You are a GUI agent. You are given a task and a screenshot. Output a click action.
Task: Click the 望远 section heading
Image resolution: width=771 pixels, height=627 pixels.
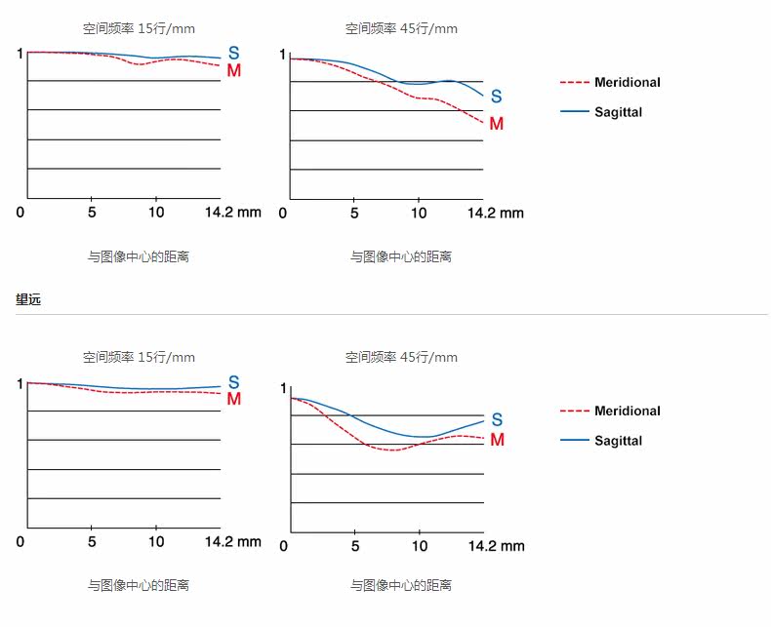point(28,299)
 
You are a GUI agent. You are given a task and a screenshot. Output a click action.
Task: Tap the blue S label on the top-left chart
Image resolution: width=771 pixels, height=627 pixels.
point(234,53)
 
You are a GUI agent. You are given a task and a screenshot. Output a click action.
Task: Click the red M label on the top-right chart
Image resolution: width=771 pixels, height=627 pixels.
point(497,123)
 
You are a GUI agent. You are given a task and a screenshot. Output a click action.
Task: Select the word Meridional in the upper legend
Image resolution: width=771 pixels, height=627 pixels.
point(628,82)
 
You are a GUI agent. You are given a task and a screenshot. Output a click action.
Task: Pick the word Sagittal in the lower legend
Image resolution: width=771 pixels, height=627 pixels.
point(618,441)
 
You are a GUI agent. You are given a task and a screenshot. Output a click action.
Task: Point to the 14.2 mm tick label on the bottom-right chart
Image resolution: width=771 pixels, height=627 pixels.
point(496,546)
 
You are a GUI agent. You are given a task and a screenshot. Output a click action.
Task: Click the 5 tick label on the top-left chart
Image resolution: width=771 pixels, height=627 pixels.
point(92,213)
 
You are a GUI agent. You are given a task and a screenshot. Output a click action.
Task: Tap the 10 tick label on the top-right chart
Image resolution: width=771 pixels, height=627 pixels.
point(419,213)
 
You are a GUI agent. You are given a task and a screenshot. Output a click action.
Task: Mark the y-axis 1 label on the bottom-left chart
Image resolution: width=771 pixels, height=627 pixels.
point(20,384)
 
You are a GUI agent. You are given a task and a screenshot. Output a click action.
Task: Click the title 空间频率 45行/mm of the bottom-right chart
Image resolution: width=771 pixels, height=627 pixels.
point(401,357)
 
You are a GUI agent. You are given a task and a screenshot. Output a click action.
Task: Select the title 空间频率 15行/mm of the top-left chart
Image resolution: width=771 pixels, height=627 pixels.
point(139,28)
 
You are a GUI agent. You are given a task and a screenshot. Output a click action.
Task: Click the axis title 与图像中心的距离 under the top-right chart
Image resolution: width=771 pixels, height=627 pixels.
point(401,256)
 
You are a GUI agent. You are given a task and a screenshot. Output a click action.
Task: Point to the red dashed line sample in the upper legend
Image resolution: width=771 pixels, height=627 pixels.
point(574,83)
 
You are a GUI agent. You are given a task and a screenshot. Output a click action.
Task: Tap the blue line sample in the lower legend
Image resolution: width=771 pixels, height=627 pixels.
point(574,441)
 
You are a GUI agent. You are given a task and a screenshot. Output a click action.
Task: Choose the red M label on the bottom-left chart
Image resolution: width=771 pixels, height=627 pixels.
point(234,399)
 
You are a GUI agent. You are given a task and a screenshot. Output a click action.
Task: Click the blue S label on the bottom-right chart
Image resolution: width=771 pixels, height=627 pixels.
point(497,419)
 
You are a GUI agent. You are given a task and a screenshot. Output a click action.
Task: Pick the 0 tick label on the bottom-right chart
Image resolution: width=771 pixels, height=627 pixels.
point(284,546)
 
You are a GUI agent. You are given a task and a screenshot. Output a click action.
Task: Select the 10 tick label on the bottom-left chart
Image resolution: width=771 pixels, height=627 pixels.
point(156,541)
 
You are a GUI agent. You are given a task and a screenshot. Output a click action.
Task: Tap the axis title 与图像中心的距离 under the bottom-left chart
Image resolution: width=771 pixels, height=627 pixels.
point(139,585)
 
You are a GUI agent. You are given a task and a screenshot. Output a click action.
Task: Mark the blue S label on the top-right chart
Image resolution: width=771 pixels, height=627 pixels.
point(497,97)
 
